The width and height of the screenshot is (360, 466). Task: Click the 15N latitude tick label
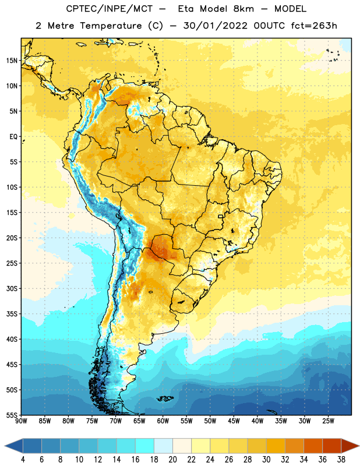pos(12,61)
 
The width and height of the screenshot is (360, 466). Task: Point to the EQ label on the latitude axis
pos(13,137)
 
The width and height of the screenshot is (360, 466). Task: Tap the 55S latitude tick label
pos(12,415)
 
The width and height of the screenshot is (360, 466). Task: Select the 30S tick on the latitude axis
pos(12,288)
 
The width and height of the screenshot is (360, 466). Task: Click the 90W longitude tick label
pos(21,421)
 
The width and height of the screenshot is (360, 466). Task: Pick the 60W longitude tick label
pos(163,421)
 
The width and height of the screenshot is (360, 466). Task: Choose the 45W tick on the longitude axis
pos(234,421)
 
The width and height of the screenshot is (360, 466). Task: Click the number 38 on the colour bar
pos(341,460)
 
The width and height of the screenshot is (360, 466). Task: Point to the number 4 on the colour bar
pos(23,460)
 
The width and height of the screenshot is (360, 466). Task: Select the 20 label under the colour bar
pos(172,460)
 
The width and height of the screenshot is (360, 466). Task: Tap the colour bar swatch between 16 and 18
pos(144,446)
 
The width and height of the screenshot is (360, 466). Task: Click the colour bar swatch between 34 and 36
pos(313,446)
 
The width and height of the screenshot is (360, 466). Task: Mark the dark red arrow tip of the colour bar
pos(358,446)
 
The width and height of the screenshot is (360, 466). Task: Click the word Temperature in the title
pos(111,26)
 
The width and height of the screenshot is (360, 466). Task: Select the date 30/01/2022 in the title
pos(215,26)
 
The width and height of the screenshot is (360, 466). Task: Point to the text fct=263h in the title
pos(314,26)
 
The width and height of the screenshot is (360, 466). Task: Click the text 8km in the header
pos(243,9)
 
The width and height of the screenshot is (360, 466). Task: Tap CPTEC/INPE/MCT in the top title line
pos(109,9)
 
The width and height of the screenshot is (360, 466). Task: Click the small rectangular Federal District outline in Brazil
pos(221,216)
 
